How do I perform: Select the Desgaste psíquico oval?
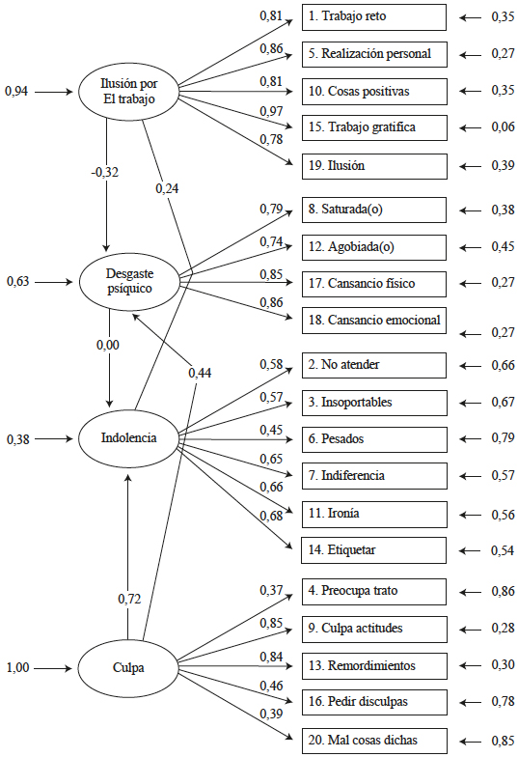click(129, 281)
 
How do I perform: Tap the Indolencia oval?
click(128, 438)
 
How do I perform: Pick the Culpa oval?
click(128, 666)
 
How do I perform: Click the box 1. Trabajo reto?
click(374, 17)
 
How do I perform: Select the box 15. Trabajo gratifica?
click(374, 127)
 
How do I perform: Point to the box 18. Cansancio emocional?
click(374, 320)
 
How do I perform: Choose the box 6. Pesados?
click(374, 438)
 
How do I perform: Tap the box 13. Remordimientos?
click(374, 666)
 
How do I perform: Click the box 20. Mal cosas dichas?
click(374, 742)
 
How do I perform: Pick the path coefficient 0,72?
click(129, 599)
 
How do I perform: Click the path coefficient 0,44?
click(200, 373)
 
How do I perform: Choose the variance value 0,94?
click(17, 92)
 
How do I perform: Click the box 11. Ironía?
click(374, 514)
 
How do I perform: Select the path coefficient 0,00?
click(109, 344)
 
